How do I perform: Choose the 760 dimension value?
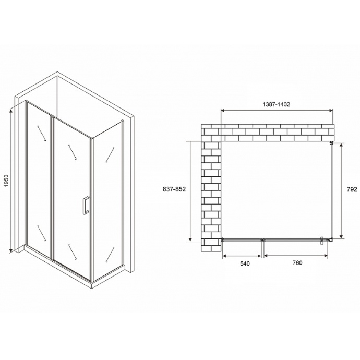(x=296, y=263)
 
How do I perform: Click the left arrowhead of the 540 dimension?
(x=225, y=256)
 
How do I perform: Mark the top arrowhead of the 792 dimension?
(x=341, y=147)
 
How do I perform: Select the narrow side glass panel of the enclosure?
(x=107, y=203)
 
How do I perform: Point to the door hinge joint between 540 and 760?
(x=262, y=240)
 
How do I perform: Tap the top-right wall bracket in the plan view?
(x=332, y=142)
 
